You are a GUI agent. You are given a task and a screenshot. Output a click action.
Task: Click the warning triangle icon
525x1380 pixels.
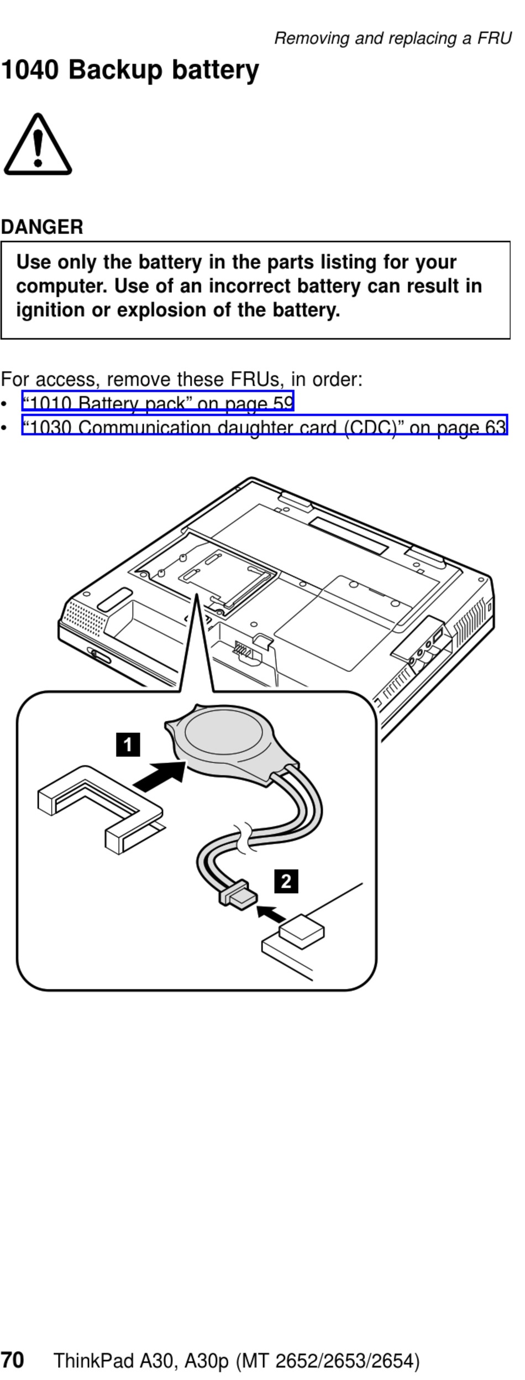point(38,145)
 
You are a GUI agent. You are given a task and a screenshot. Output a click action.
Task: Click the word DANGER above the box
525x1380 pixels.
point(42,227)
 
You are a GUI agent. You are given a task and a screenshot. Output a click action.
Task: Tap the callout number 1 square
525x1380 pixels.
point(128,744)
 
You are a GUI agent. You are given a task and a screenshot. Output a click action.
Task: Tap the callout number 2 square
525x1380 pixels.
point(286,881)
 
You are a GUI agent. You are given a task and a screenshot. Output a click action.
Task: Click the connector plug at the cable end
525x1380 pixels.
point(239,894)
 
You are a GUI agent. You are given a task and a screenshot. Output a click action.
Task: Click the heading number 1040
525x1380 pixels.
point(30,70)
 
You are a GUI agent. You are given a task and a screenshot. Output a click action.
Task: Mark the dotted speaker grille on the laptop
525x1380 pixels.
point(85,618)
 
